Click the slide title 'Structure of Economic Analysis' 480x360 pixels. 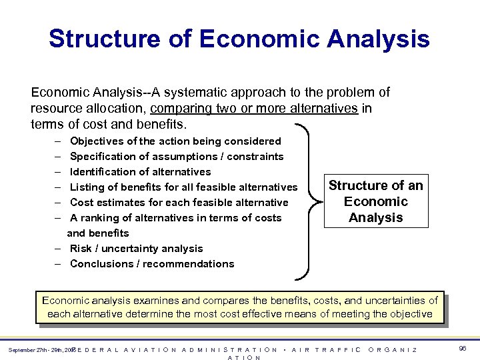tap(239, 39)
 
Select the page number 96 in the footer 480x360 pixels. tap(463, 349)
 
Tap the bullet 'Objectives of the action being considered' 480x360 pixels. tap(175, 141)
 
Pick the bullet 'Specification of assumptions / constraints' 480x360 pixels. tap(177, 157)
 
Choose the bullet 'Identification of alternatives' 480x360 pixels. tap(140, 172)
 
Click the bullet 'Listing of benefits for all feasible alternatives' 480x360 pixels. tap(183, 187)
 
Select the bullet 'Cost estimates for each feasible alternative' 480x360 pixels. tap(179, 203)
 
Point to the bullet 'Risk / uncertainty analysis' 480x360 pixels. tap(136, 249)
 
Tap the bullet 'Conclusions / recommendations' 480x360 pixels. tap(152, 264)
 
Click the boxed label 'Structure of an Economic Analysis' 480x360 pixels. tap(376, 201)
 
